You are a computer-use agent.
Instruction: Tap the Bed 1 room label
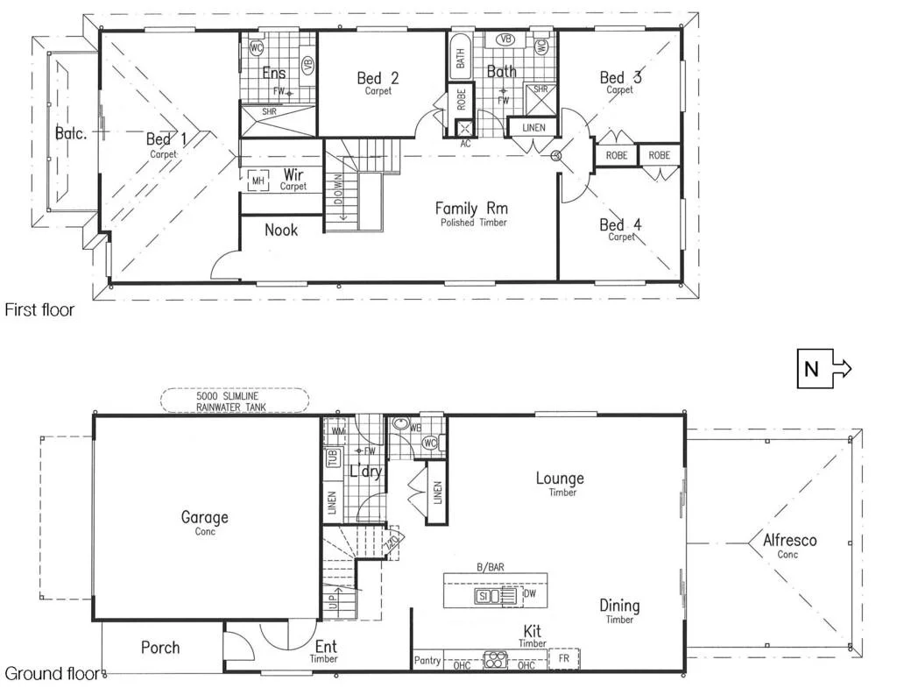pyautogui.click(x=159, y=139)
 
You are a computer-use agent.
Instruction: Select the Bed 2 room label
pyautogui.click(x=378, y=79)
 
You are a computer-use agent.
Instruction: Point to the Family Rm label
pyautogui.click(x=471, y=209)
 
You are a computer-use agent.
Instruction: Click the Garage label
pyautogui.click(x=204, y=517)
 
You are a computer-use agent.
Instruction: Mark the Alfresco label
pyautogui.click(x=788, y=540)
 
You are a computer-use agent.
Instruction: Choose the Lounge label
pyautogui.click(x=560, y=479)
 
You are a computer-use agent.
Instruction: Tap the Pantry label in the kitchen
pyautogui.click(x=426, y=660)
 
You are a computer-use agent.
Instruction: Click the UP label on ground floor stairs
pyautogui.click(x=332, y=602)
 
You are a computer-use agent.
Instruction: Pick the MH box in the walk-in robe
pyautogui.click(x=258, y=181)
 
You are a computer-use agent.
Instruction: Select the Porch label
pyautogui.click(x=160, y=648)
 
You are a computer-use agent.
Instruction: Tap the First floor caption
pyautogui.click(x=39, y=309)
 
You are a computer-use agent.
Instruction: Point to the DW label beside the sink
pyautogui.click(x=528, y=593)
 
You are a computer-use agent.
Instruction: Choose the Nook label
pyautogui.click(x=280, y=231)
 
